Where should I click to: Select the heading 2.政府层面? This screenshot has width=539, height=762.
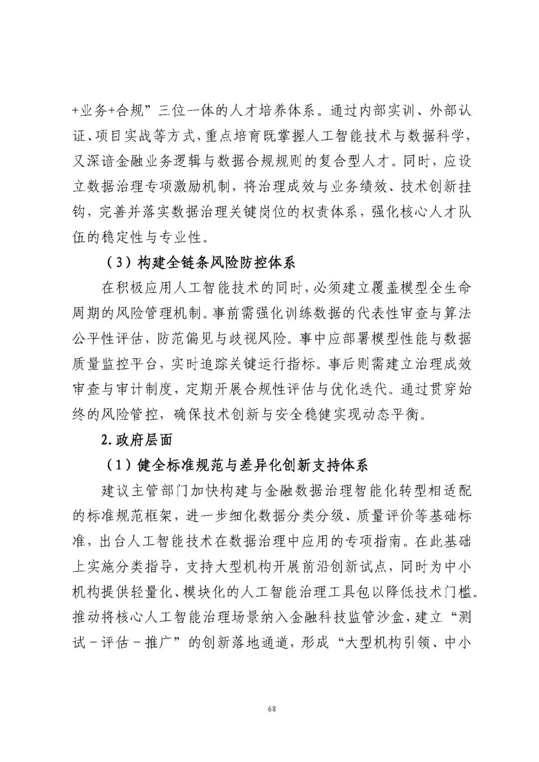pos(136,440)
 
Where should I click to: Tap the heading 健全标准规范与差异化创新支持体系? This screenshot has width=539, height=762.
pos(253,465)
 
